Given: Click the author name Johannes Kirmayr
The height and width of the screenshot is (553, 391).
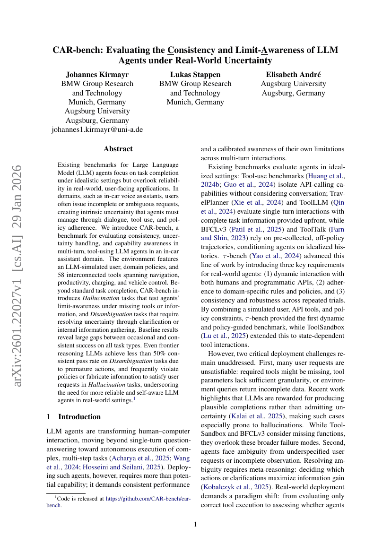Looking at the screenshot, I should [x=97, y=74].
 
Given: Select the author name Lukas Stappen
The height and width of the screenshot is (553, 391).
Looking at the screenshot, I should [x=195, y=74].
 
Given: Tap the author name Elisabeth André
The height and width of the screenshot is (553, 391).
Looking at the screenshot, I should [x=293, y=74].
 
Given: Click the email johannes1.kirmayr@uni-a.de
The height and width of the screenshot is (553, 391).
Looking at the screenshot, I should [x=97, y=130].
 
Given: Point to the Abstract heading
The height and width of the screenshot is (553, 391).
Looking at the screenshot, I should [x=118, y=148].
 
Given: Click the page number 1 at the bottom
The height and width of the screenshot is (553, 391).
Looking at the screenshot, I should [x=195, y=524].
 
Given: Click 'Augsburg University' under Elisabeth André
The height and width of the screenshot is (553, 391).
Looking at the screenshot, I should [x=293, y=84].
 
